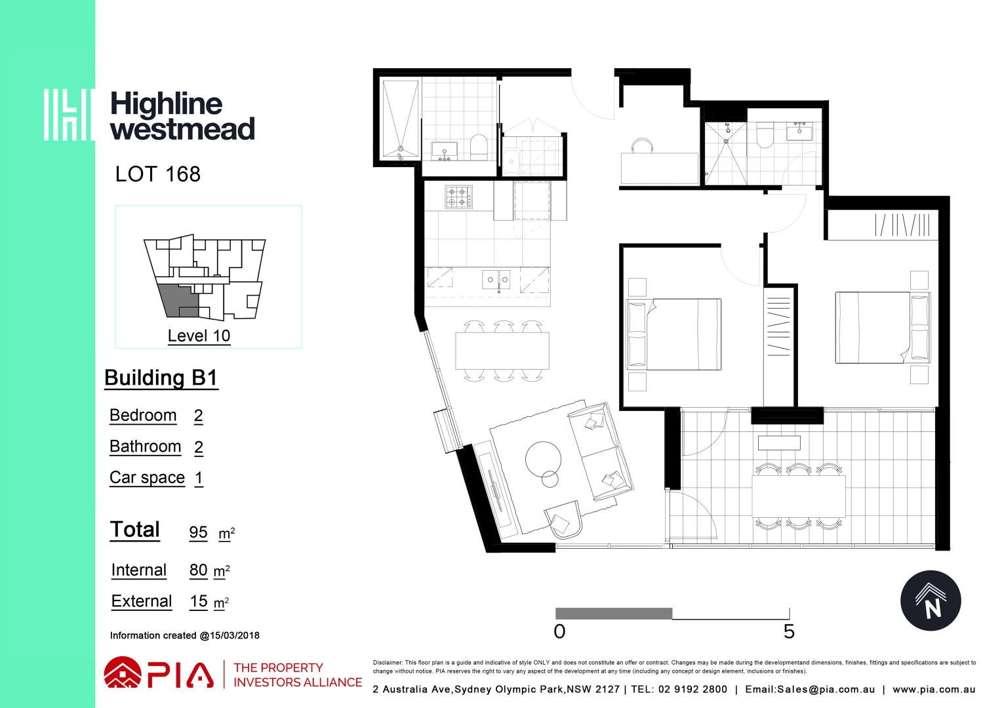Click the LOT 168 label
click(x=157, y=174)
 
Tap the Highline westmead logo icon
click(x=68, y=115)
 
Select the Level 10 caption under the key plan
click(x=199, y=336)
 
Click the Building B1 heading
click(x=161, y=378)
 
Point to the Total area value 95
click(x=198, y=532)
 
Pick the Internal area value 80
click(x=198, y=570)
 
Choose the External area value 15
click(x=199, y=601)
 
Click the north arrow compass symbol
click(x=930, y=601)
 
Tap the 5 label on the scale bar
click(x=789, y=632)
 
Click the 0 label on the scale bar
click(x=559, y=632)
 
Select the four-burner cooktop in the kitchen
click(x=458, y=197)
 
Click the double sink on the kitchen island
click(x=497, y=280)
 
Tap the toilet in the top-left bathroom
click(x=479, y=147)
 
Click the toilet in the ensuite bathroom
click(x=765, y=136)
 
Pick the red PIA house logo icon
click(x=123, y=674)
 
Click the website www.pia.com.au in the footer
click(x=934, y=690)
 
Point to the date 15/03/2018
click(x=235, y=635)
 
